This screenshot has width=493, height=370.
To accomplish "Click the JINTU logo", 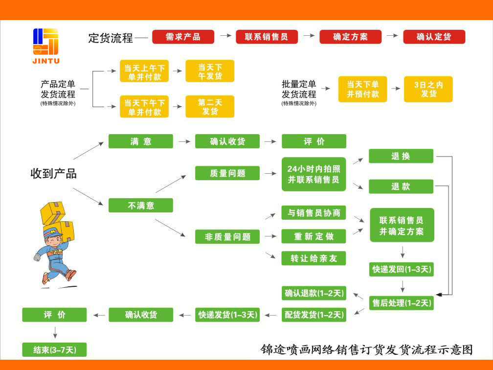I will pyautogui.click(x=46, y=45).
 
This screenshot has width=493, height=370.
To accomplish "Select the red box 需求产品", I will pyautogui.click(x=183, y=37).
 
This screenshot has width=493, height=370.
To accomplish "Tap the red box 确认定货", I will pyautogui.click(x=434, y=37).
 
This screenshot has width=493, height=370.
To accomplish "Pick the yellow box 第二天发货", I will pyautogui.click(x=210, y=106).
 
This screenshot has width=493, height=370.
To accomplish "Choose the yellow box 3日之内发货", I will pyautogui.click(x=428, y=89).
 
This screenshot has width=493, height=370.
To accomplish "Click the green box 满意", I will pyautogui.click(x=140, y=141).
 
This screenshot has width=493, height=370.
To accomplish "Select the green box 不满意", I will pyautogui.click(x=140, y=205).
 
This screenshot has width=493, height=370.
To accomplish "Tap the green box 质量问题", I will pyautogui.click(x=227, y=173).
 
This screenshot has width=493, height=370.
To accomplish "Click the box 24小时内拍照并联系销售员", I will pyautogui.click(x=314, y=174).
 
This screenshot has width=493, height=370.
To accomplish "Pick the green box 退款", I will pyautogui.click(x=401, y=186).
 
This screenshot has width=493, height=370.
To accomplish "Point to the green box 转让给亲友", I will pyautogui.click(x=314, y=258).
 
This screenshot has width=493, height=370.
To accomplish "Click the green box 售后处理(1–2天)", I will pyautogui.click(x=401, y=303).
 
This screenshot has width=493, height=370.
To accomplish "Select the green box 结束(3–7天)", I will pyautogui.click(x=54, y=349).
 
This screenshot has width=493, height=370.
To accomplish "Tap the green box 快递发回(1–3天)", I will pyautogui.click(x=401, y=269).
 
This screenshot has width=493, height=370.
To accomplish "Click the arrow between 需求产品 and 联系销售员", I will pyautogui.click(x=225, y=36).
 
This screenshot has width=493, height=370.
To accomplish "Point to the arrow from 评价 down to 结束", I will pyautogui.click(x=55, y=332).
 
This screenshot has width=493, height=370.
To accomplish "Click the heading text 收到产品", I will pyautogui.click(x=53, y=173).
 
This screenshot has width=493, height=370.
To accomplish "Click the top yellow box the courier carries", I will pyautogui.click(x=53, y=212).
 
